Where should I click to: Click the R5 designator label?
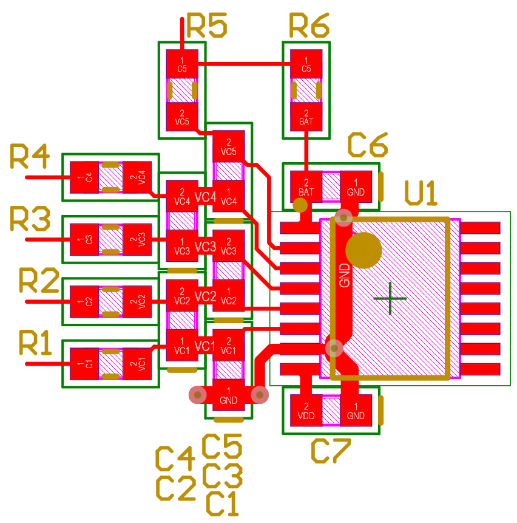click(x=207, y=26)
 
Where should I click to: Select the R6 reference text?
click(x=309, y=26)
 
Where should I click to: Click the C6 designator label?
click(x=368, y=146)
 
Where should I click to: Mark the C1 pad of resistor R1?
click(x=85, y=364)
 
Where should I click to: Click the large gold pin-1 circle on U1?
click(x=363, y=250)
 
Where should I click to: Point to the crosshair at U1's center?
click(x=390, y=298)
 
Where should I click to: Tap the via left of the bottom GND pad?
click(x=198, y=395)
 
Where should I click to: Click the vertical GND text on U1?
click(x=344, y=275)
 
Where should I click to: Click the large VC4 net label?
click(x=205, y=197)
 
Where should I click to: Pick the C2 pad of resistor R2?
click(x=85, y=301)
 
